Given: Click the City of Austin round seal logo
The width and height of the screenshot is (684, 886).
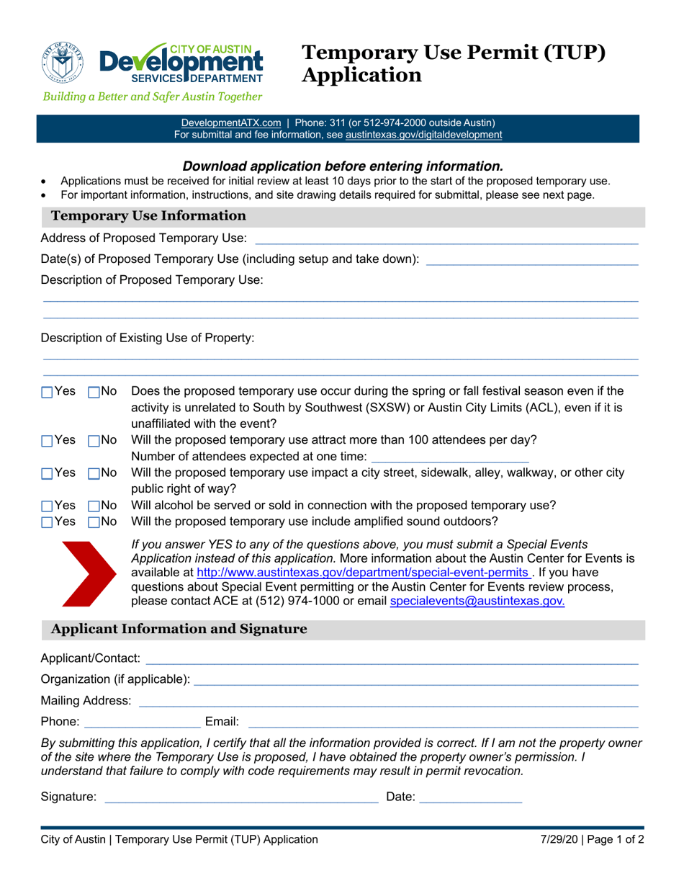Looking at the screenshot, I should pos(64,63).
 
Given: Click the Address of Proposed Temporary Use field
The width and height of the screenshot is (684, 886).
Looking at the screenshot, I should pos(446,238).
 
